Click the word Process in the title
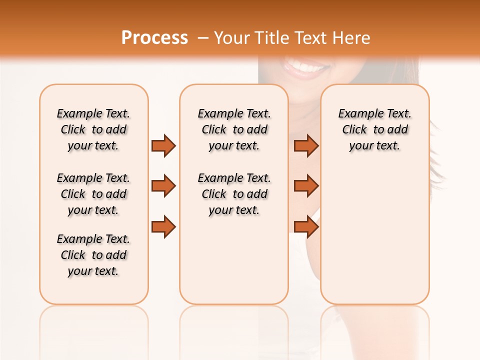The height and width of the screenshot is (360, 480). pos(154,38)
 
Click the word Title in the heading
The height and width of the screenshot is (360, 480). pos(272,38)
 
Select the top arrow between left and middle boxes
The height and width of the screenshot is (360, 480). pos(163,145)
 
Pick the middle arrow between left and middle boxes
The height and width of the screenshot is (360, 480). pos(163,186)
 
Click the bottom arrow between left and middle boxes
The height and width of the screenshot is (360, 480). pos(163,226)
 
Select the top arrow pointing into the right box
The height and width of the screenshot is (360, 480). pos(306,145)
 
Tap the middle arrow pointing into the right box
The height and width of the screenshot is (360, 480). pos(306,186)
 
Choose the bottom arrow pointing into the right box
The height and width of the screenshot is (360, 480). pos(306,226)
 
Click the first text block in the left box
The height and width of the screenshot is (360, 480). pos(93,129)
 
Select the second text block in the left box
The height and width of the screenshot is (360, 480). pos(93,194)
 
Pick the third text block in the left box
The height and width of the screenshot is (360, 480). pos(93,255)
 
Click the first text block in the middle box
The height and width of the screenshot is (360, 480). pos(234,129)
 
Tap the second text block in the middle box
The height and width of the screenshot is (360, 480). pos(234,194)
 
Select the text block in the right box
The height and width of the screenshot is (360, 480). pos(374,129)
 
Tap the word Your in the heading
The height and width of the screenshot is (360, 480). pos(232,38)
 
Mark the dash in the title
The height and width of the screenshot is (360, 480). pos(202,38)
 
